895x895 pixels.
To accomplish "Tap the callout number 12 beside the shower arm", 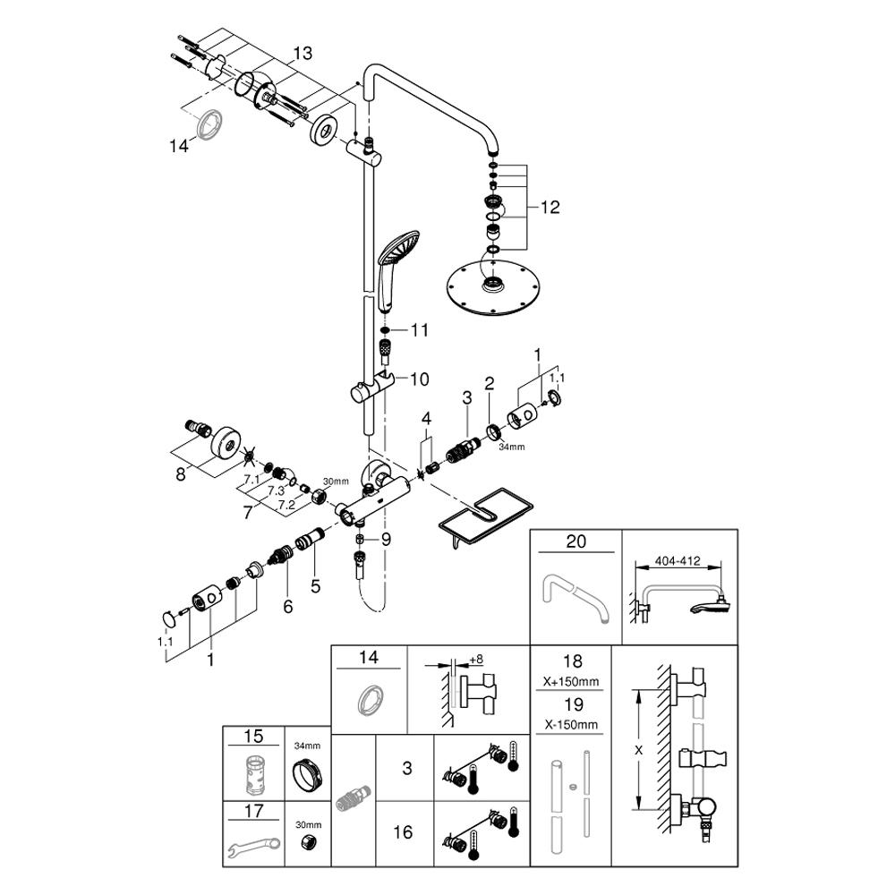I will click(x=549, y=207).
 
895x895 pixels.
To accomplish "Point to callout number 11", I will click(x=421, y=330).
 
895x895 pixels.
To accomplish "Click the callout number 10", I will click(x=420, y=379).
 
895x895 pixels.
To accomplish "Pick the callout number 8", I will click(x=181, y=474).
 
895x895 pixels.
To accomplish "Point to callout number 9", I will click(x=386, y=539).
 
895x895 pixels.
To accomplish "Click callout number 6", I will click(x=287, y=606).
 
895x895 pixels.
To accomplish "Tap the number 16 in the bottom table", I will click(x=404, y=832).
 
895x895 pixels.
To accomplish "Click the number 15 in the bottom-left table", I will click(x=254, y=737).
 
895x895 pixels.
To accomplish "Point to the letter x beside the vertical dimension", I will click(x=637, y=752).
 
